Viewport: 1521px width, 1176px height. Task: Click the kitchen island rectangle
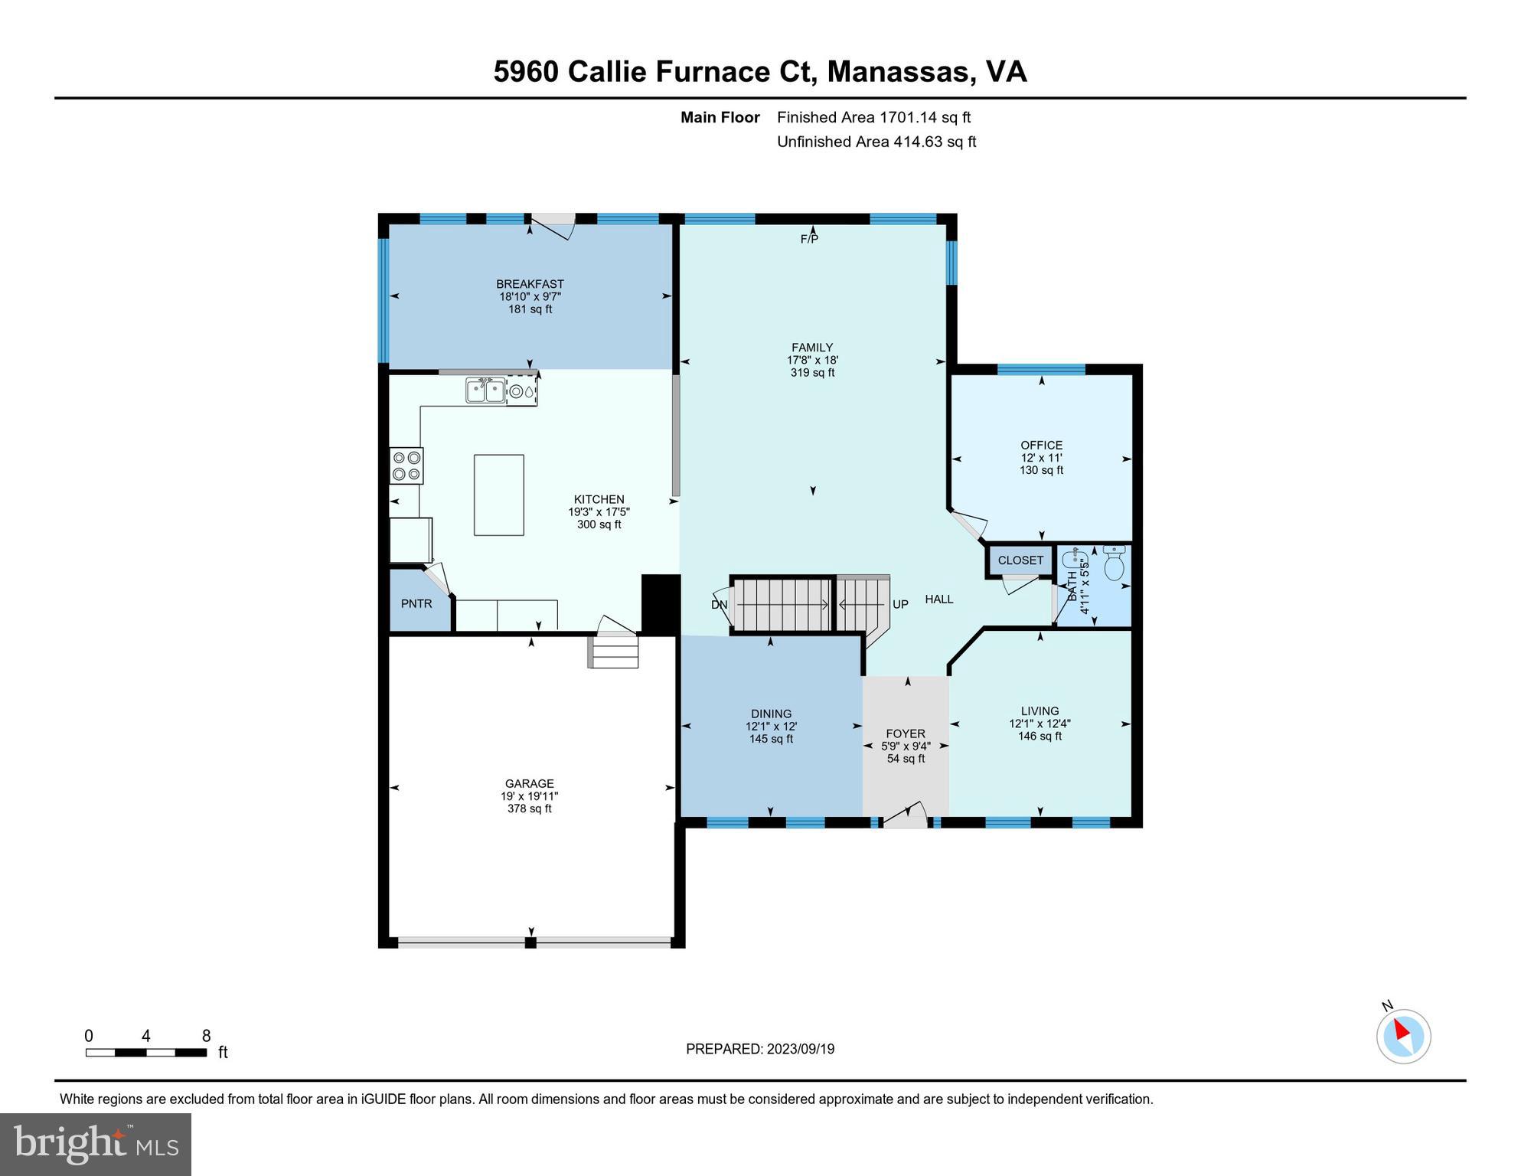point(498,495)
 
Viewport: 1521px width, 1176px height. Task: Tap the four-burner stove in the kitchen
point(406,465)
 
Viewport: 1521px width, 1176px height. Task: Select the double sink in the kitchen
point(485,391)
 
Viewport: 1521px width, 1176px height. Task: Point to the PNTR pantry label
point(416,604)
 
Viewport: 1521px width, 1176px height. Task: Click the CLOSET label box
point(1020,560)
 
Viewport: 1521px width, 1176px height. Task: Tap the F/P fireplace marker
point(809,239)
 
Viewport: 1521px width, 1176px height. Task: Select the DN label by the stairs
point(719,605)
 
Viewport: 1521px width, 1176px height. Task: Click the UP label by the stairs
point(900,605)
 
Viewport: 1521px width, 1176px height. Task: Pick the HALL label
point(938,599)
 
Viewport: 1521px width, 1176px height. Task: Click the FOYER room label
point(906,733)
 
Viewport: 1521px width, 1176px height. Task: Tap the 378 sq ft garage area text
point(529,808)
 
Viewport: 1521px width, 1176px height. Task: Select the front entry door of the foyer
point(905,817)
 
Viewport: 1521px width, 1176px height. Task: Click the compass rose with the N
point(1403,1036)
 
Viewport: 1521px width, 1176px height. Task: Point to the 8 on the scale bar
point(206,1036)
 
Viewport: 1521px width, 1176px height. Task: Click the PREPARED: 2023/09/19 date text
point(759,1049)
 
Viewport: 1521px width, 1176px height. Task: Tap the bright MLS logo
point(96,1144)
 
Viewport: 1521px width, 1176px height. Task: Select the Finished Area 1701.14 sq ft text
point(873,117)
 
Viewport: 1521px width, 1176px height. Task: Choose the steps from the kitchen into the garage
point(613,652)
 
